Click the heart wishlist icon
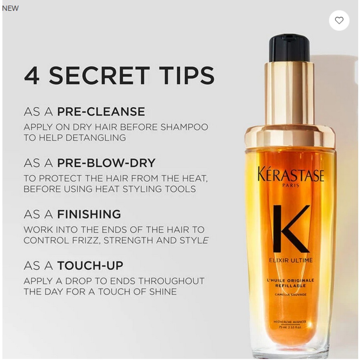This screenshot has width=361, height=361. (339, 20)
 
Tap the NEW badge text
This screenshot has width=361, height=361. (10, 8)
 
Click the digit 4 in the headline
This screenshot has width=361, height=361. (32, 75)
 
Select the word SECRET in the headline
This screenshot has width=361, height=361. (99, 75)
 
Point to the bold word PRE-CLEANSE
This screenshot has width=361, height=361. (101, 112)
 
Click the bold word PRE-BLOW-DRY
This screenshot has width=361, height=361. (106, 163)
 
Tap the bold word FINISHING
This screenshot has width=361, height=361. (89, 214)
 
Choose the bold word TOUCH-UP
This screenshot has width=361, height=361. (90, 266)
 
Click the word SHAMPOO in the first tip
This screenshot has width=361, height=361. (184, 127)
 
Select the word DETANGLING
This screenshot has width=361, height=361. (93, 138)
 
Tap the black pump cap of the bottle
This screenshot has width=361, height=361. (289, 47)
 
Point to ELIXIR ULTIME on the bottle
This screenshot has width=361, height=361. (290, 260)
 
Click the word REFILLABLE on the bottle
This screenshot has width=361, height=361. (291, 286)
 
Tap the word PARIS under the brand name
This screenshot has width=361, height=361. (291, 186)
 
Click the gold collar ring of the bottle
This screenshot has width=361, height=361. (290, 136)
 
